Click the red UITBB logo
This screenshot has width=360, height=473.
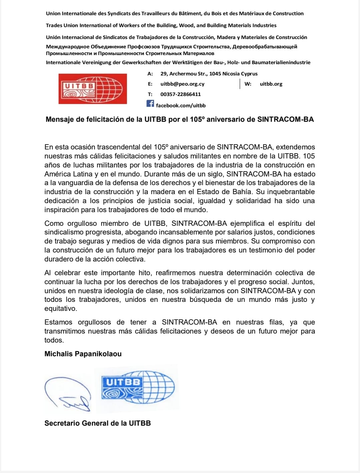93,89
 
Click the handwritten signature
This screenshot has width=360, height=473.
68,393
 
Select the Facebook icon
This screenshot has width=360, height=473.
150,104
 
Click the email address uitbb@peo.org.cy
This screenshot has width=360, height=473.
182,84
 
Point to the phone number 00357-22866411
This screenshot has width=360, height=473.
180,94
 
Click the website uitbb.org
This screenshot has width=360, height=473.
271,84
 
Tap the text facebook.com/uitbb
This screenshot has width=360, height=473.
181,105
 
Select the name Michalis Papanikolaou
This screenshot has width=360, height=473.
83,354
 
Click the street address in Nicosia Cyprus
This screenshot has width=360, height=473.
209,74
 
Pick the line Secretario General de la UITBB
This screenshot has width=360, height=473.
98,423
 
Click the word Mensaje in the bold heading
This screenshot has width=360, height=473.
60,119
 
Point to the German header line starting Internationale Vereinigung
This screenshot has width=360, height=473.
178,62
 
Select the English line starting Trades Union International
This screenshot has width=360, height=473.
161,25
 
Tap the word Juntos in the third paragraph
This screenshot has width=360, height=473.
303,282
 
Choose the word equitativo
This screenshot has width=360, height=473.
60,309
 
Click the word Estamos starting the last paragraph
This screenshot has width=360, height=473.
58,322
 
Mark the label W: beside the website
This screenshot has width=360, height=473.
248,84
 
